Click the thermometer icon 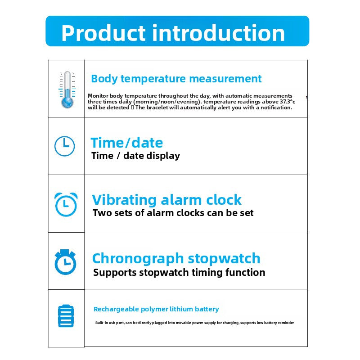coord(67,90)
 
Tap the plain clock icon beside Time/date coord(64,146)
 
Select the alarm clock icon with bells coord(66,204)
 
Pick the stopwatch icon coord(65,262)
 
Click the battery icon coord(66,316)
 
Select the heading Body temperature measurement coord(176,79)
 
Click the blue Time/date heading coord(127,143)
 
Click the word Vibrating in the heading coord(124,200)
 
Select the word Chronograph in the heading coord(138,259)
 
